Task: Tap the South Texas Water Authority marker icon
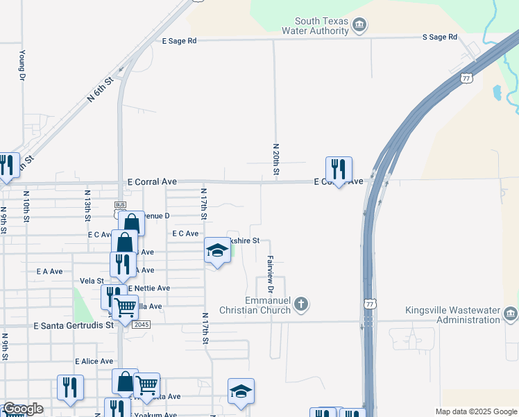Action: (359, 26)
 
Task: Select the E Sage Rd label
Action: (180, 41)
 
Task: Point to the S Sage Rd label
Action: (440, 37)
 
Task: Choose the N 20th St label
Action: (276, 159)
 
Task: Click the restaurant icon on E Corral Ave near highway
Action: (339, 169)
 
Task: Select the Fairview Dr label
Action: (271, 273)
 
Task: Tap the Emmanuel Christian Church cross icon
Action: (300, 304)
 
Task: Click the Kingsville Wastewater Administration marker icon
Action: (511, 314)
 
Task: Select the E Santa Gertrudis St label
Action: (74, 325)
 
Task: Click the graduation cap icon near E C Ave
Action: (216, 250)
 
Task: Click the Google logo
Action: (22, 409)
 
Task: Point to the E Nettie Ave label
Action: (148, 288)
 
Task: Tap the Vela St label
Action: (92, 280)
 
